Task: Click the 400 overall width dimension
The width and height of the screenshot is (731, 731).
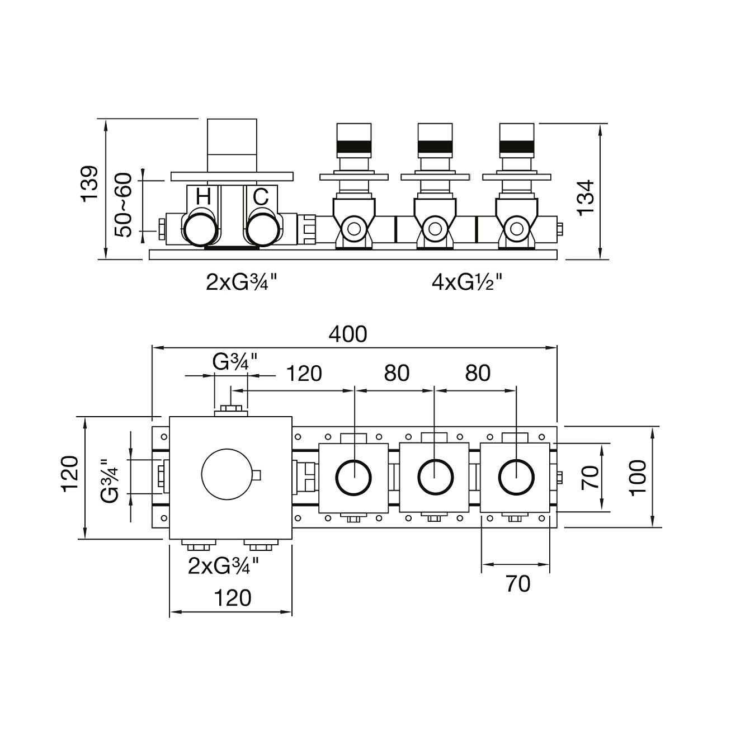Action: [x=347, y=334]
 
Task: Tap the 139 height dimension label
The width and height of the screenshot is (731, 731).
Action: [x=90, y=184]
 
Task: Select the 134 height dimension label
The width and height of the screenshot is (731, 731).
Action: [x=586, y=197]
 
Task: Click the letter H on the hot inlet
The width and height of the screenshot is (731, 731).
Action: [x=203, y=197]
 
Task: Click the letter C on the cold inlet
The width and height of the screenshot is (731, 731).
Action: [x=261, y=197]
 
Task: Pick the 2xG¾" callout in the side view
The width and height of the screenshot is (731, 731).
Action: [x=242, y=282]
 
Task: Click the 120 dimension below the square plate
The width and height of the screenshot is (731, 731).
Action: [x=233, y=598]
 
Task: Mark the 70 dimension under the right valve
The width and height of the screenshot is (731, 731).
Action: [x=517, y=584]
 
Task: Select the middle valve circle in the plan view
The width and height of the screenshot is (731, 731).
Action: [x=435, y=477]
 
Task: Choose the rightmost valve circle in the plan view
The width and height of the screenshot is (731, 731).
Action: [x=516, y=477]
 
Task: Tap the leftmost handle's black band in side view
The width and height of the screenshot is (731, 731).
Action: [x=353, y=148]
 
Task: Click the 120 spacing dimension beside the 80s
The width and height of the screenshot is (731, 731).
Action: [x=304, y=373]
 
